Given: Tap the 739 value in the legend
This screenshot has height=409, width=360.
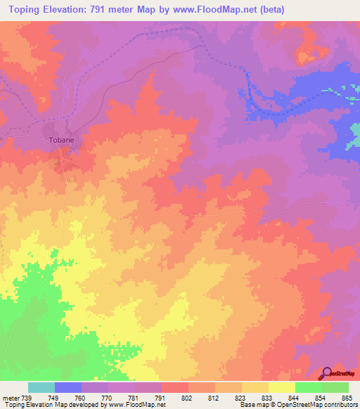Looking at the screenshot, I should (x=26, y=397).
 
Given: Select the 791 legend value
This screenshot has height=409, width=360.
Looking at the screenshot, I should (x=160, y=397).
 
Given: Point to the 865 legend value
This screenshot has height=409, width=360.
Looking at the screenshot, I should (x=347, y=397).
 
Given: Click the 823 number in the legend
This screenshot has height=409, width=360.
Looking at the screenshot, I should (x=240, y=397).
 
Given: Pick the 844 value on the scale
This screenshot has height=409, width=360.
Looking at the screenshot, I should (x=293, y=397).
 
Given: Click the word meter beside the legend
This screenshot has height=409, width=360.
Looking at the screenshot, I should (x=10, y=397).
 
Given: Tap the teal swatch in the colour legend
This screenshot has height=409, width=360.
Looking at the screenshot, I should (x=41, y=387).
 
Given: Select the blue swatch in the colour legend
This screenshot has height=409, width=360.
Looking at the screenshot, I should (x=68, y=387).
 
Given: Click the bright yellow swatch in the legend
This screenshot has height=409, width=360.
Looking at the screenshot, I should (x=282, y=387).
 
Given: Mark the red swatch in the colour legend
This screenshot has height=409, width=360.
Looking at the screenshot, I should (x=175, y=387).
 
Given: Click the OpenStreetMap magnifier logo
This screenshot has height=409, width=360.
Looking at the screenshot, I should (x=328, y=372).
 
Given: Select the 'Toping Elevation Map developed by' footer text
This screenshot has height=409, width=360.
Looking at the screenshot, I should (x=53, y=405).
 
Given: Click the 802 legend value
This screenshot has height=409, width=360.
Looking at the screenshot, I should (x=186, y=397).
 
